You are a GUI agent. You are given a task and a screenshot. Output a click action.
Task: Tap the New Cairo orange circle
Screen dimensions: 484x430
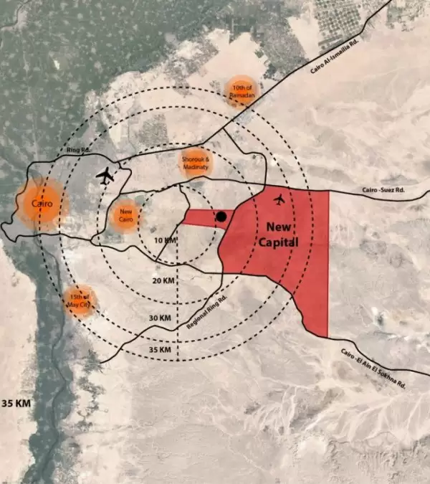[125, 214]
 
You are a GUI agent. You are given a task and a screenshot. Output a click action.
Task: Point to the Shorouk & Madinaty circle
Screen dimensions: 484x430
[195, 163]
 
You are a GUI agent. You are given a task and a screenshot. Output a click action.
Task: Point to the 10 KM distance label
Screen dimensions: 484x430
[165, 239]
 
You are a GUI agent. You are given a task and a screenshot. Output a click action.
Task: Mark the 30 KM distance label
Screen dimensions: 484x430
[161, 317]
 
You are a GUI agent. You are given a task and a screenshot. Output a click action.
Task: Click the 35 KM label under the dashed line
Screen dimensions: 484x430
[161, 349]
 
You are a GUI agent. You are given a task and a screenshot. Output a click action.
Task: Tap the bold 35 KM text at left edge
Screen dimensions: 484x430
[16, 404]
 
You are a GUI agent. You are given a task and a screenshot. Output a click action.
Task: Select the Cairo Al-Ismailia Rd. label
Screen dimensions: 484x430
[333, 57]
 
